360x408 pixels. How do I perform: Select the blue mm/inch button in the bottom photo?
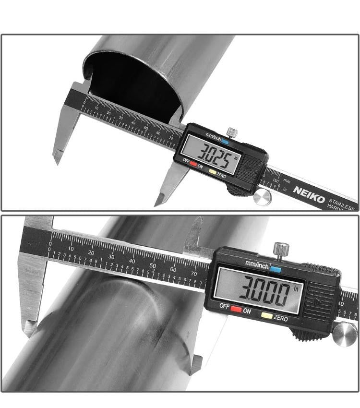point(276,269)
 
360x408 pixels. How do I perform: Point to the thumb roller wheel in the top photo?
point(263,197)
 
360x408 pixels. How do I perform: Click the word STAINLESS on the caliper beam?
point(343,200)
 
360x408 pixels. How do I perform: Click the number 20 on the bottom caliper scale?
point(91,252)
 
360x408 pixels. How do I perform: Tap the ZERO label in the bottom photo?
point(281,318)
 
